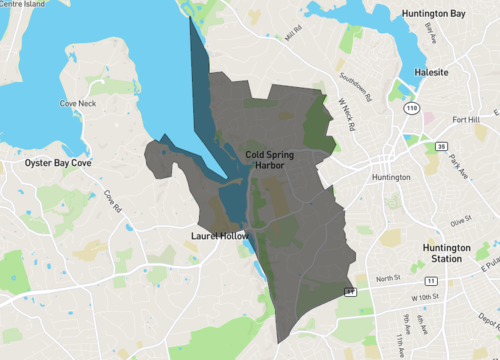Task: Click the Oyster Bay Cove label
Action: tap(59, 161)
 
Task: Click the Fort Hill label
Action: tap(466, 121)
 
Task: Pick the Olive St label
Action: tap(460, 220)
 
